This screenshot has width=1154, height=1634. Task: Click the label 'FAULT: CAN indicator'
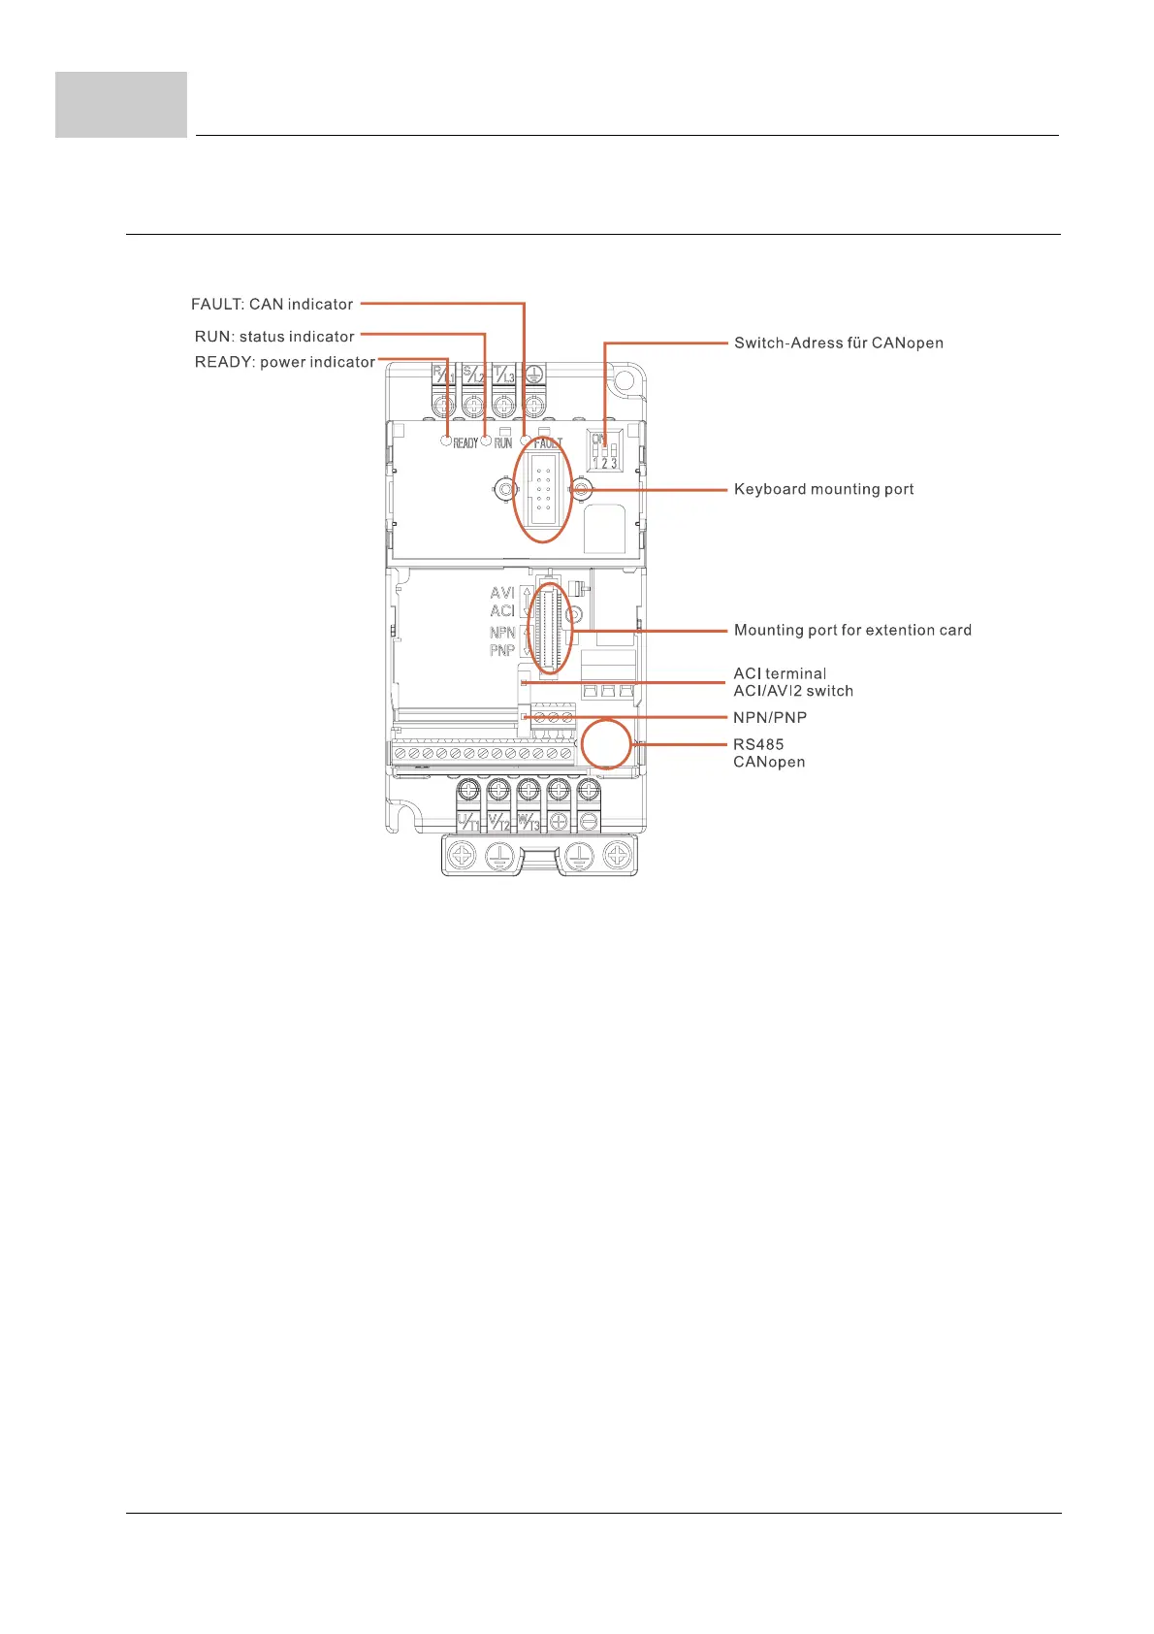pyautogui.click(x=272, y=305)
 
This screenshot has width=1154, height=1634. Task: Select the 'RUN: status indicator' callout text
pyautogui.click(x=274, y=337)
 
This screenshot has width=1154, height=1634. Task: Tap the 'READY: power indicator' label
pyautogui.click(x=284, y=362)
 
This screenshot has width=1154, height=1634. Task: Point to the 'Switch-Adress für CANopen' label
pyautogui.click(x=838, y=343)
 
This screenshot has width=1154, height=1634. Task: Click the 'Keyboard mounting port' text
pyautogui.click(x=823, y=489)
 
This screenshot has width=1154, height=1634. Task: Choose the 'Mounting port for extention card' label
pyautogui.click(x=852, y=630)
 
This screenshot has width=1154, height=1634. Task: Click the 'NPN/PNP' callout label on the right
pyautogui.click(x=770, y=717)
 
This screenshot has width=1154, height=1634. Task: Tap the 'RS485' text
pyautogui.click(x=758, y=744)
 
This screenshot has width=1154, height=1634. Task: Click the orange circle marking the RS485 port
pyautogui.click(x=606, y=744)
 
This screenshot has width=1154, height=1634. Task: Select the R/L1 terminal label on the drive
pyautogui.click(x=443, y=374)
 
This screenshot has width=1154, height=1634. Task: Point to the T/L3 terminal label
pyautogui.click(x=503, y=374)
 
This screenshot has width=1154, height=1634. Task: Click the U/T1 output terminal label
pyautogui.click(x=468, y=823)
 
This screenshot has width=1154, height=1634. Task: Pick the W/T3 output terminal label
pyautogui.click(x=529, y=823)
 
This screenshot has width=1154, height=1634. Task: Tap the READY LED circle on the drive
pyautogui.click(x=446, y=441)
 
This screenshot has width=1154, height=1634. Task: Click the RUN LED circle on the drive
pyautogui.click(x=486, y=441)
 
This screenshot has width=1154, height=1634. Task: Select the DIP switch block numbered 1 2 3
pyautogui.click(x=605, y=452)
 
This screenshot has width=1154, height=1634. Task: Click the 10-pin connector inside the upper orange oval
pyautogui.click(x=543, y=491)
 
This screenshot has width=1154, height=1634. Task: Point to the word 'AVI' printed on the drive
pyautogui.click(x=502, y=592)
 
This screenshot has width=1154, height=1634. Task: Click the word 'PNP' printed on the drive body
pyautogui.click(x=502, y=650)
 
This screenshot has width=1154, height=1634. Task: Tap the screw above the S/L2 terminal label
pyautogui.click(x=473, y=403)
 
